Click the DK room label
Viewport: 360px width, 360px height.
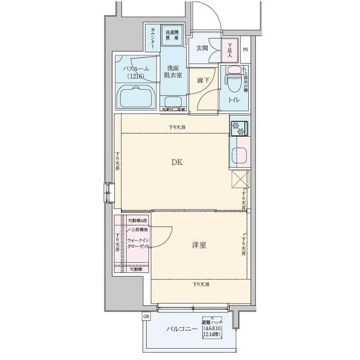[177, 163]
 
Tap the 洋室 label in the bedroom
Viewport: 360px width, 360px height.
[198, 245]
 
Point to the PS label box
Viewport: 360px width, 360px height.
[245, 49]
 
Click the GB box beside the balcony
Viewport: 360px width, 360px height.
[146, 317]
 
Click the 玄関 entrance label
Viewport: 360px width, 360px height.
[202, 48]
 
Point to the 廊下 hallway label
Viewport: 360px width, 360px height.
[203, 81]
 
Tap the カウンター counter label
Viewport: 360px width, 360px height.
[152, 38]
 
